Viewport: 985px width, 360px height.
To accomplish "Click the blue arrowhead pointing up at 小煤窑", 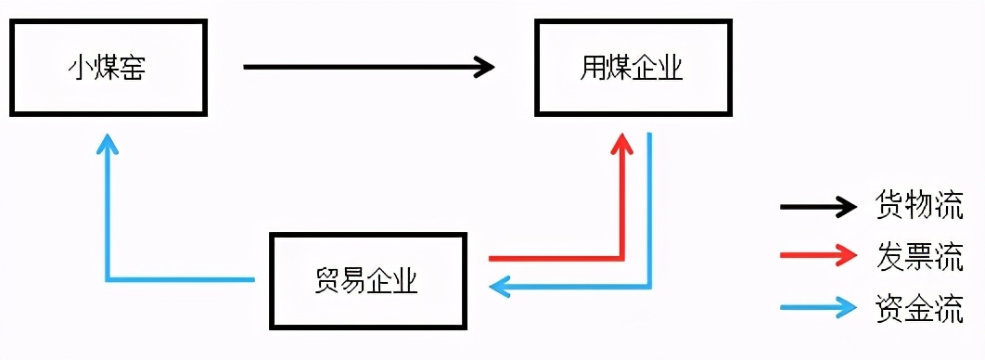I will (109, 143).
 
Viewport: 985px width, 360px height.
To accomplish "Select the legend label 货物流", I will (918, 206).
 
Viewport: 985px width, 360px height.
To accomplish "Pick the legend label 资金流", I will (918, 307).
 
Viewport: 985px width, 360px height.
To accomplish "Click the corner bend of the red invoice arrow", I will (622, 257).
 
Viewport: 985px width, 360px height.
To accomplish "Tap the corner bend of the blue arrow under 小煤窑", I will (109, 277).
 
